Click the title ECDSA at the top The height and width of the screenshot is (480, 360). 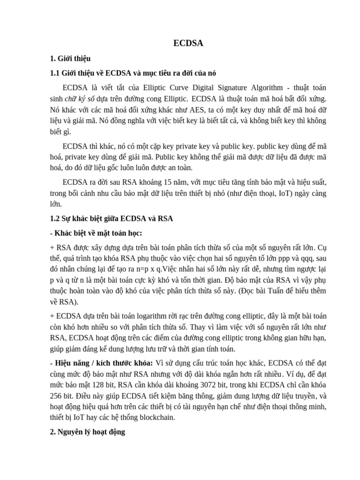pyautogui.click(x=188, y=43)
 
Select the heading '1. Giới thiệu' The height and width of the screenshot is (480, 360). pyautogui.click(x=70, y=59)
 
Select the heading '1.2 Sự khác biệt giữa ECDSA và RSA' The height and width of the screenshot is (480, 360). pyautogui.click(x=112, y=218)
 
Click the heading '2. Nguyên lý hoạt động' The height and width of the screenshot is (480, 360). pyautogui.click(x=88, y=432)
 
